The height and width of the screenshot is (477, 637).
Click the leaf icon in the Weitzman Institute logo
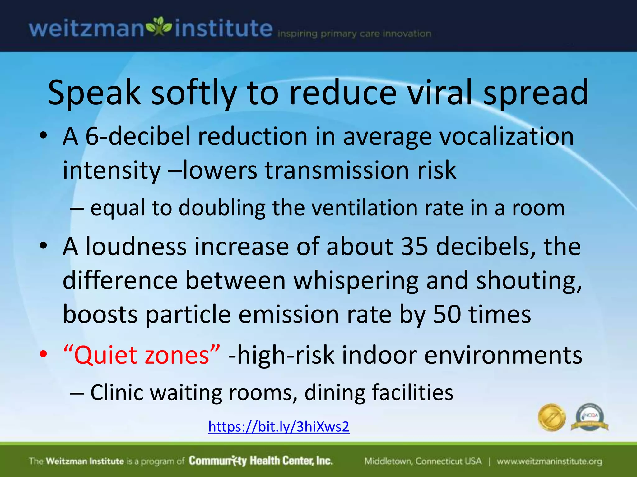[x=159, y=28]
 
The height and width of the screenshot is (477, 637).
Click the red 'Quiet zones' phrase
[x=142, y=355]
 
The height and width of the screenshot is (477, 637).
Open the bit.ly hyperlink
[x=279, y=427]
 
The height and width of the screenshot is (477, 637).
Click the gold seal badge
[x=552, y=418]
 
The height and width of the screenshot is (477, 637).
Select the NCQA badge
[x=590, y=418]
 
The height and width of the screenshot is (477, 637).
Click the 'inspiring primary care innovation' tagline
[x=354, y=34]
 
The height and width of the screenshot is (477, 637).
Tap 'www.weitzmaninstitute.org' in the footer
[x=549, y=461]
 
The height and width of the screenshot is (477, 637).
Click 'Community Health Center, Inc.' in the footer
[x=261, y=461]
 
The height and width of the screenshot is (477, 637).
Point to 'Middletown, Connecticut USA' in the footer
[x=423, y=461]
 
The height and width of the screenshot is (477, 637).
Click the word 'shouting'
[x=529, y=280]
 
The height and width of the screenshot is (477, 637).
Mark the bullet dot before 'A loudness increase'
[x=43, y=246]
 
